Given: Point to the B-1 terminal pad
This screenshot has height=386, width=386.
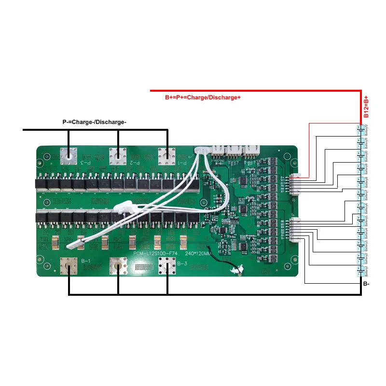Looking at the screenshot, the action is point(69,265).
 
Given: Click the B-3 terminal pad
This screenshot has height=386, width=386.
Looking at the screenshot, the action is point(167,265).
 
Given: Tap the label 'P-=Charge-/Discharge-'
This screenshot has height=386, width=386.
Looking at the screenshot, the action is point(95,122).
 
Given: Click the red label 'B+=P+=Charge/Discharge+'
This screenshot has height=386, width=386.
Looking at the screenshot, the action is point(203,97).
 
